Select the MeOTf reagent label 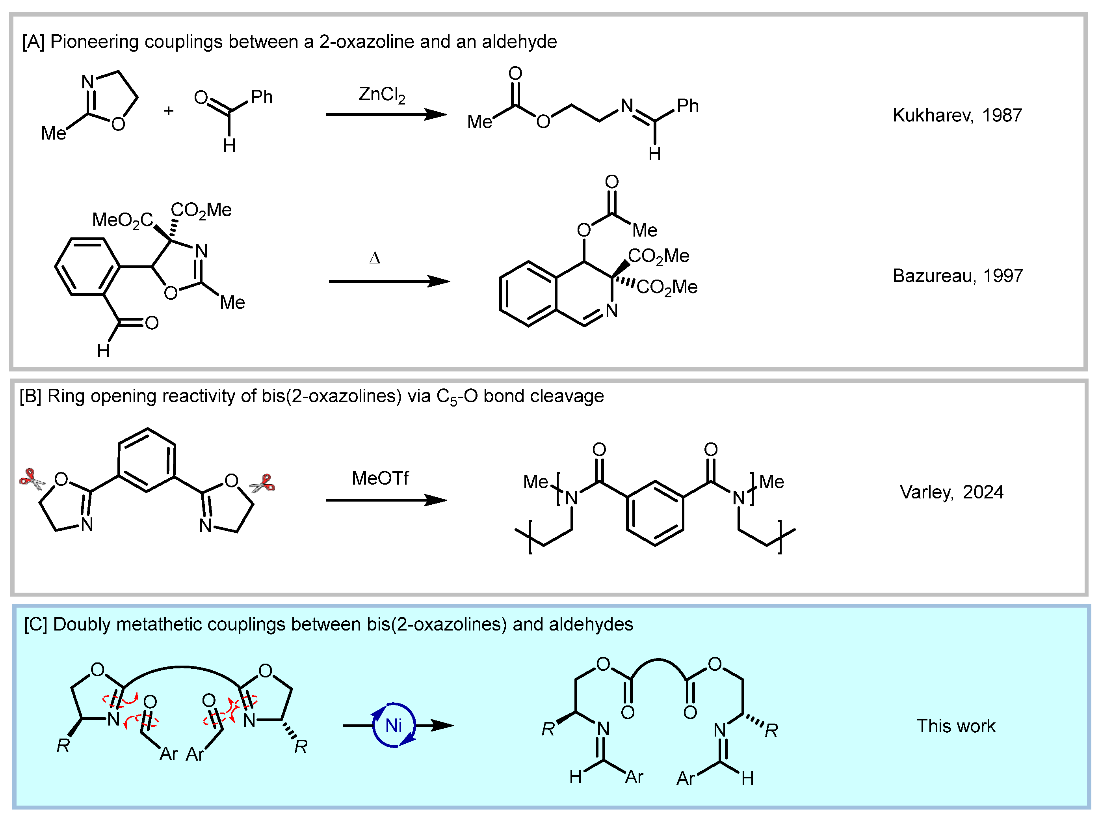[380, 478]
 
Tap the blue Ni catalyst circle [394, 725]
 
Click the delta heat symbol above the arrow [375, 258]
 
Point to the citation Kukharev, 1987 [957, 115]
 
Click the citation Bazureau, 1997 [957, 276]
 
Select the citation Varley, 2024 [951, 492]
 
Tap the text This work [955, 726]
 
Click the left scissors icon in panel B [31, 479]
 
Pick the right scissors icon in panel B [263, 483]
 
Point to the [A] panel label [33, 42]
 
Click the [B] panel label [31, 396]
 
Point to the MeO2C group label [123, 220]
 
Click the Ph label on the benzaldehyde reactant [262, 97]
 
